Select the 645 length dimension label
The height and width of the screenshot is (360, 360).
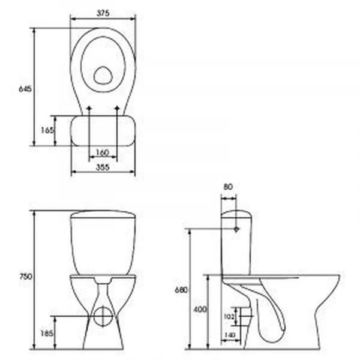tap(25, 89)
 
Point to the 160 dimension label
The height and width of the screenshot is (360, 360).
tap(103, 152)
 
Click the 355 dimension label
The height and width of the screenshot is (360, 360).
tap(103, 169)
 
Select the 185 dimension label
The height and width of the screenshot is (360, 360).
tap(46, 333)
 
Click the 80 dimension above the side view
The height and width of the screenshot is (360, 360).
tap(228, 187)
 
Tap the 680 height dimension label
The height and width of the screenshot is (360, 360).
tap(182, 290)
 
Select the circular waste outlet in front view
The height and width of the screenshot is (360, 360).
tap(103, 316)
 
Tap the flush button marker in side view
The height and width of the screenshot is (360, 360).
tap(236, 229)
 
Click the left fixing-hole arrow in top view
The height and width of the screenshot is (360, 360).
tap(89, 110)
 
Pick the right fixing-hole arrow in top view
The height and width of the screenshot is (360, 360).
tap(117, 110)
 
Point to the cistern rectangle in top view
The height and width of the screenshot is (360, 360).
tap(103, 130)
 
